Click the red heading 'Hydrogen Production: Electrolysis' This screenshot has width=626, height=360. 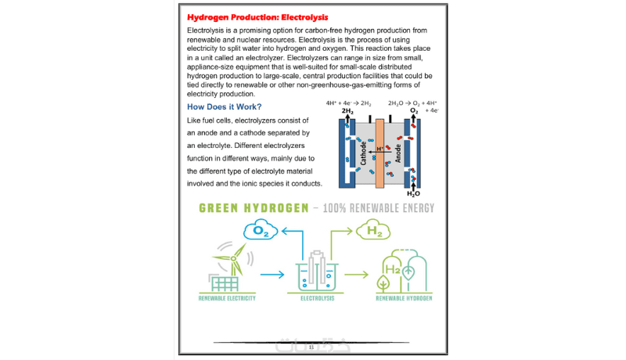(257, 16)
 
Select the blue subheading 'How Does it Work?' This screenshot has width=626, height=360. (224, 106)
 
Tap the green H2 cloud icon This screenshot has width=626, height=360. (374, 230)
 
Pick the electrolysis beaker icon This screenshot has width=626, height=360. (318, 274)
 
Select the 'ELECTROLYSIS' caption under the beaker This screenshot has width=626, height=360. (318, 298)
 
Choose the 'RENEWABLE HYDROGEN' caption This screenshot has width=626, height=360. (404, 298)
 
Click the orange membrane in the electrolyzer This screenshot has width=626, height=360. (380, 153)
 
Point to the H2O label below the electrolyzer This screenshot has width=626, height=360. (413, 193)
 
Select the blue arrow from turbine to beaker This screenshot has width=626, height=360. (271, 275)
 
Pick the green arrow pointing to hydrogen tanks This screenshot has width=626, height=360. (356, 275)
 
